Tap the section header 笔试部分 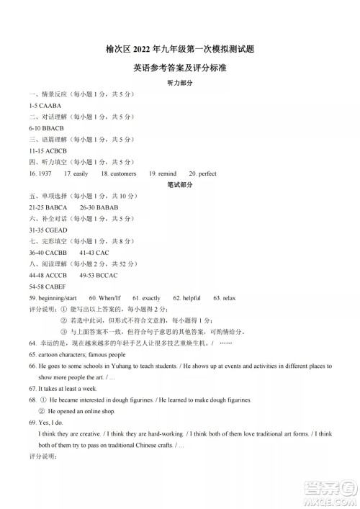click(179, 184)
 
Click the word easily click(80, 174)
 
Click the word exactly click(151, 297)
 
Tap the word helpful click(191, 297)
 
